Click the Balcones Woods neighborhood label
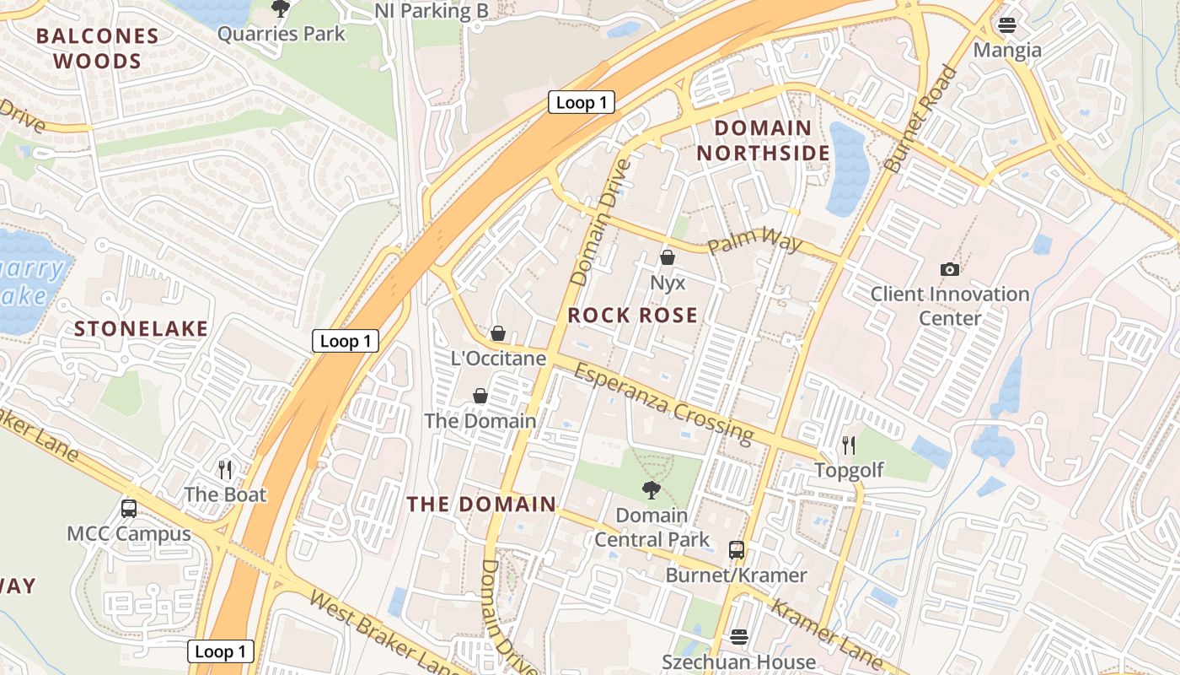tap(98, 48)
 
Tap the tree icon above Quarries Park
tap(281, 9)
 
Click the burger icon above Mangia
tap(1007, 25)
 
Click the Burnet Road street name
tap(923, 120)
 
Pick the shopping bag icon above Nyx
tap(668, 257)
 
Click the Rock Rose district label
tap(633, 316)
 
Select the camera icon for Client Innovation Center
tap(950, 269)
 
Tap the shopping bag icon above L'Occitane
tap(498, 333)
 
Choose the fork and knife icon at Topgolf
tap(849, 445)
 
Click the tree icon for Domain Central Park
tap(651, 489)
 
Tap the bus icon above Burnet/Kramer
tap(737, 550)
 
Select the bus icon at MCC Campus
tap(129, 508)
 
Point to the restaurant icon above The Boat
tap(225, 469)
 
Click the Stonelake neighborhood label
tap(141, 329)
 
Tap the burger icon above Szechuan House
tap(739, 636)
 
